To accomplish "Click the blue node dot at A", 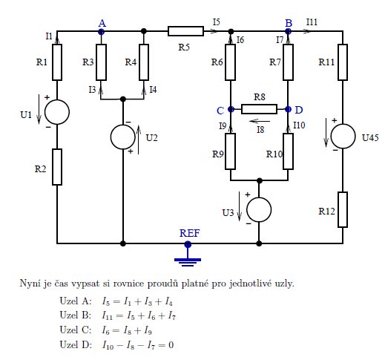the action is pos(101,32).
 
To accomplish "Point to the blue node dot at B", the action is pos(288,31).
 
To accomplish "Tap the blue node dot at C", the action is pos(231,109).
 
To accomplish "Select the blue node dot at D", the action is pos(288,109).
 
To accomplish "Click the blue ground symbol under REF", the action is pos(188,260).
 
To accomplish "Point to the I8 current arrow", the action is pos(260,121).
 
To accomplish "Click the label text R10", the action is pos(274,154).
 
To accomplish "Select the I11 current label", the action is pos(312,22).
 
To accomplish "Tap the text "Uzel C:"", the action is pos(76,330).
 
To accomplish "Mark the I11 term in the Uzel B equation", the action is pos(107,315).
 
